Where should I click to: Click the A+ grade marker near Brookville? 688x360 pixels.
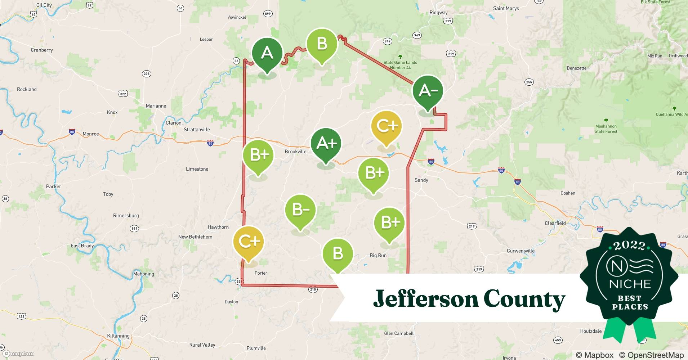326,144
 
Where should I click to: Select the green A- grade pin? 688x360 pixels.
428,91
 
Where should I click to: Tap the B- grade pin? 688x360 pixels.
300,210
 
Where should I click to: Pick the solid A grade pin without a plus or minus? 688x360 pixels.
267,53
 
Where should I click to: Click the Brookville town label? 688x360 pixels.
295,152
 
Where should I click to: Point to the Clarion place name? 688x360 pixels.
173,123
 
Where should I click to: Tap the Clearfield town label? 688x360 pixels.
555,223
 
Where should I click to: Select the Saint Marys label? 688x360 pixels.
506,8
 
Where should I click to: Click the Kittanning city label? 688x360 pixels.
118,336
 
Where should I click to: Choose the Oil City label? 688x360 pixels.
44,5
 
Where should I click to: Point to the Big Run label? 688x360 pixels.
378,255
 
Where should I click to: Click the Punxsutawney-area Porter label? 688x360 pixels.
261,273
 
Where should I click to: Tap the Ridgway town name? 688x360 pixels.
438,13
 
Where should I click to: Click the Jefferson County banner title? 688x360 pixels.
469,299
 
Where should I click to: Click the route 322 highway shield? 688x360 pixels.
123,94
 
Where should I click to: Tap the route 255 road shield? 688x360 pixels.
529,82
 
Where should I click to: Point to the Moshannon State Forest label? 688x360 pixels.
606,129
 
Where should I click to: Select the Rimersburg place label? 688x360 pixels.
126,216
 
